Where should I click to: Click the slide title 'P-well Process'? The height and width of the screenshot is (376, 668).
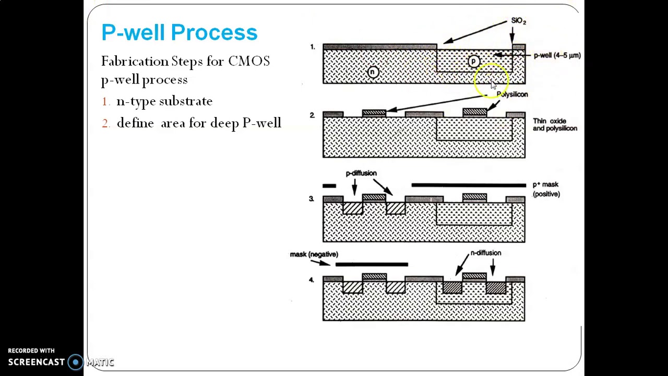(x=179, y=32)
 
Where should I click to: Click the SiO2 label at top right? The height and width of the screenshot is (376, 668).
(x=518, y=21)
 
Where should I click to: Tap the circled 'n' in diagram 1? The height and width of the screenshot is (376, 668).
(x=373, y=73)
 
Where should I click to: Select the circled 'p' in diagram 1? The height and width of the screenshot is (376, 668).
(x=473, y=62)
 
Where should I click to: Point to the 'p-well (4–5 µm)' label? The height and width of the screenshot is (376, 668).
(x=557, y=55)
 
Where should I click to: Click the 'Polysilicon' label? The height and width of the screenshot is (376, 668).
(x=512, y=95)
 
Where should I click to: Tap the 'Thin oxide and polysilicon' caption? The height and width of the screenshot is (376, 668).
(x=554, y=125)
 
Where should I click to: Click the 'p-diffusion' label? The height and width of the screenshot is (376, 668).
(x=361, y=173)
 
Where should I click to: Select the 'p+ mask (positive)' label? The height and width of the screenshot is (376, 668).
(x=546, y=189)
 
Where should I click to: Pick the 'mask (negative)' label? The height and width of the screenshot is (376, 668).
(x=314, y=254)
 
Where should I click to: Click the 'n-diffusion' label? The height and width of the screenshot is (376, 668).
(x=485, y=253)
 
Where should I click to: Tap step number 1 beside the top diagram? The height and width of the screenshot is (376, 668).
(x=313, y=47)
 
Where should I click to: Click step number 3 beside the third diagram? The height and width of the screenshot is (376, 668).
(x=311, y=199)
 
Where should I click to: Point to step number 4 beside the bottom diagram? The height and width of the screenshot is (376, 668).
(x=311, y=280)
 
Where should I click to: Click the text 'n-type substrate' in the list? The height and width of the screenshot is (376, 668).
(x=164, y=101)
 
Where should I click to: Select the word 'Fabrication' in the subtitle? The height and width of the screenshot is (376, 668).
(x=135, y=62)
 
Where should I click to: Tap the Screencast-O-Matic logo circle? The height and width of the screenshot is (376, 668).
(x=76, y=362)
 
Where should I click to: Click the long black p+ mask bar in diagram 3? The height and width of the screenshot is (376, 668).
(x=469, y=185)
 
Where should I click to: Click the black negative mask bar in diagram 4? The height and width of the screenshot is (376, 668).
(x=371, y=265)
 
